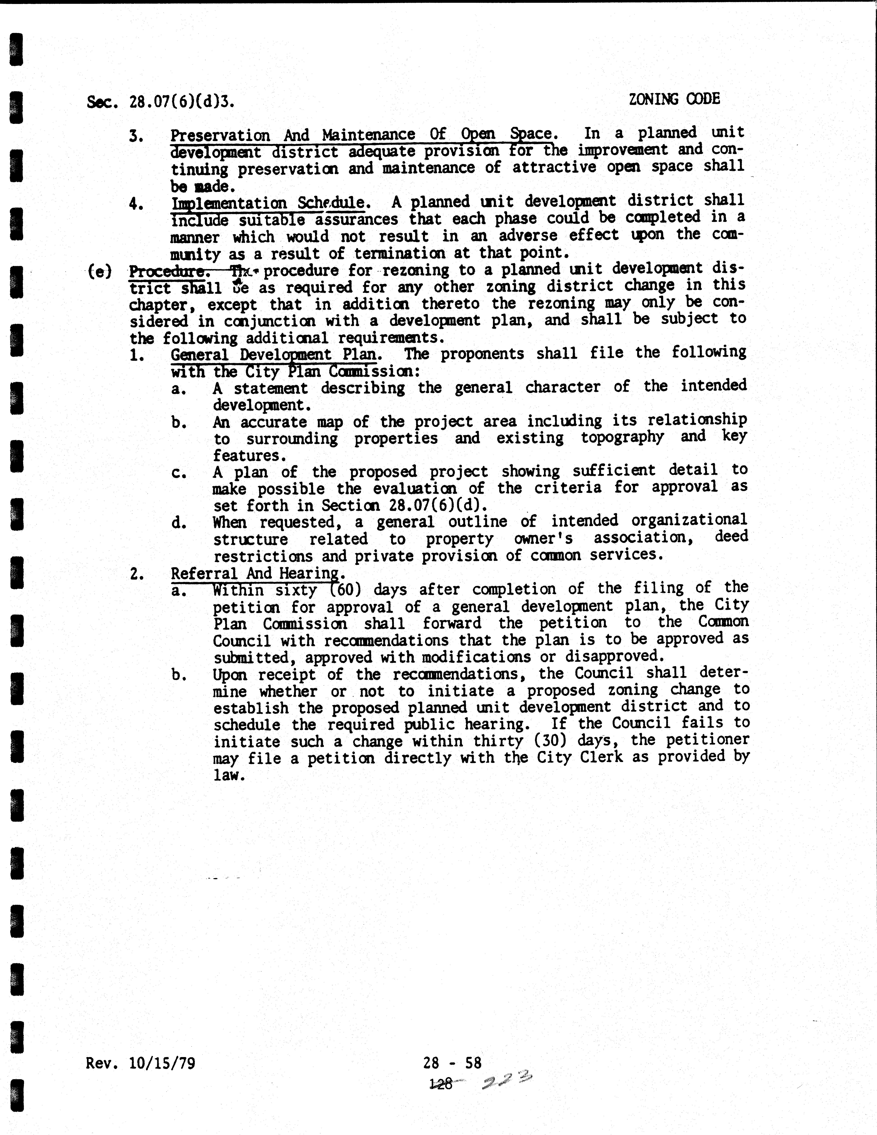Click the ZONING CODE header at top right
click(x=674, y=99)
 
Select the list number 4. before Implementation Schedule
click(x=136, y=204)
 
